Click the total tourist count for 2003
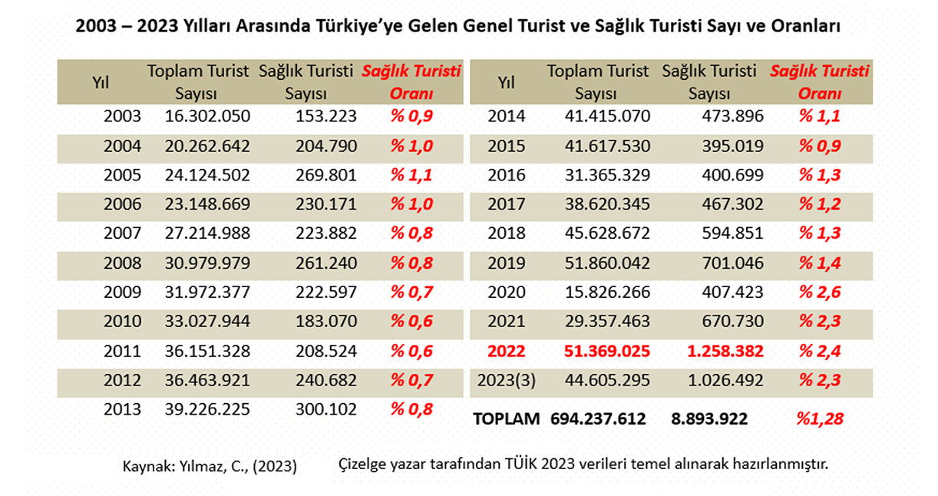click(207, 117)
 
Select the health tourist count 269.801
click(325, 175)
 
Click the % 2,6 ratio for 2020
click(820, 292)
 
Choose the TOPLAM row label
click(507, 418)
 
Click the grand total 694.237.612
click(598, 418)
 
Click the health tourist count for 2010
click(325, 322)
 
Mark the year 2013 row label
click(123, 409)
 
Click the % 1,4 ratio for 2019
click(820, 263)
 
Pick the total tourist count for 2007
click(207, 234)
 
